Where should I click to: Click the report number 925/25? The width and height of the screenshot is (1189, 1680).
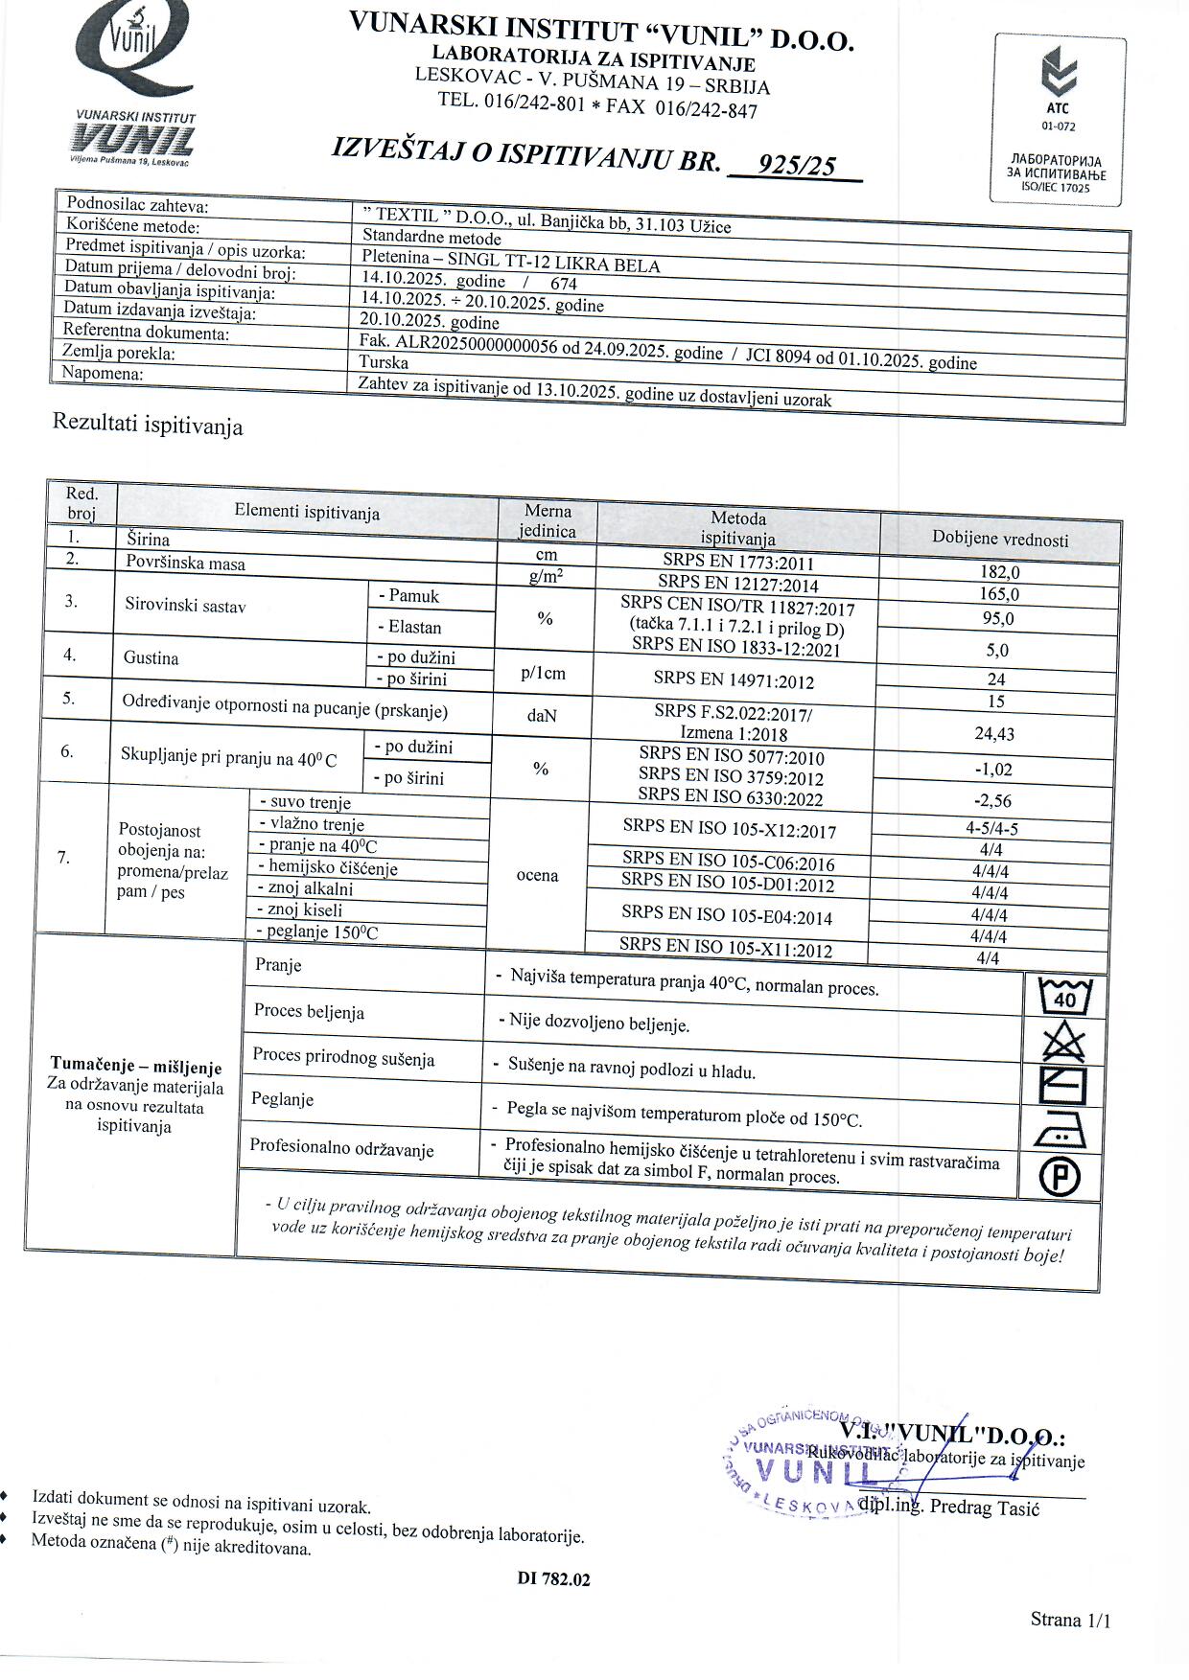pos(795,166)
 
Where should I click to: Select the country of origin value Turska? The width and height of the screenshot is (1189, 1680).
pos(384,362)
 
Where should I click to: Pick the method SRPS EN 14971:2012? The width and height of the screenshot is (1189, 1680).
pos(734,680)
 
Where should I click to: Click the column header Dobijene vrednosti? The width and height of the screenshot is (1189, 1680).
pos(1000,540)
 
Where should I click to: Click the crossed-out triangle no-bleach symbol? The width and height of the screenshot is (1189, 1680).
pos(1063,1041)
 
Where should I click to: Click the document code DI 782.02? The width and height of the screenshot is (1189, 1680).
pos(553,1578)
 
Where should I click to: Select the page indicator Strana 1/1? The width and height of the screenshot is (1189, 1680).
pos(1070,1620)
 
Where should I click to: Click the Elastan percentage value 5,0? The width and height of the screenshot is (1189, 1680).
pos(997,651)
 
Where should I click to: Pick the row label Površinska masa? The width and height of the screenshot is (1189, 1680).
pos(186,564)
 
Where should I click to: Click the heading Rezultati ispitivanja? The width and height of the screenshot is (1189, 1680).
pos(148,425)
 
